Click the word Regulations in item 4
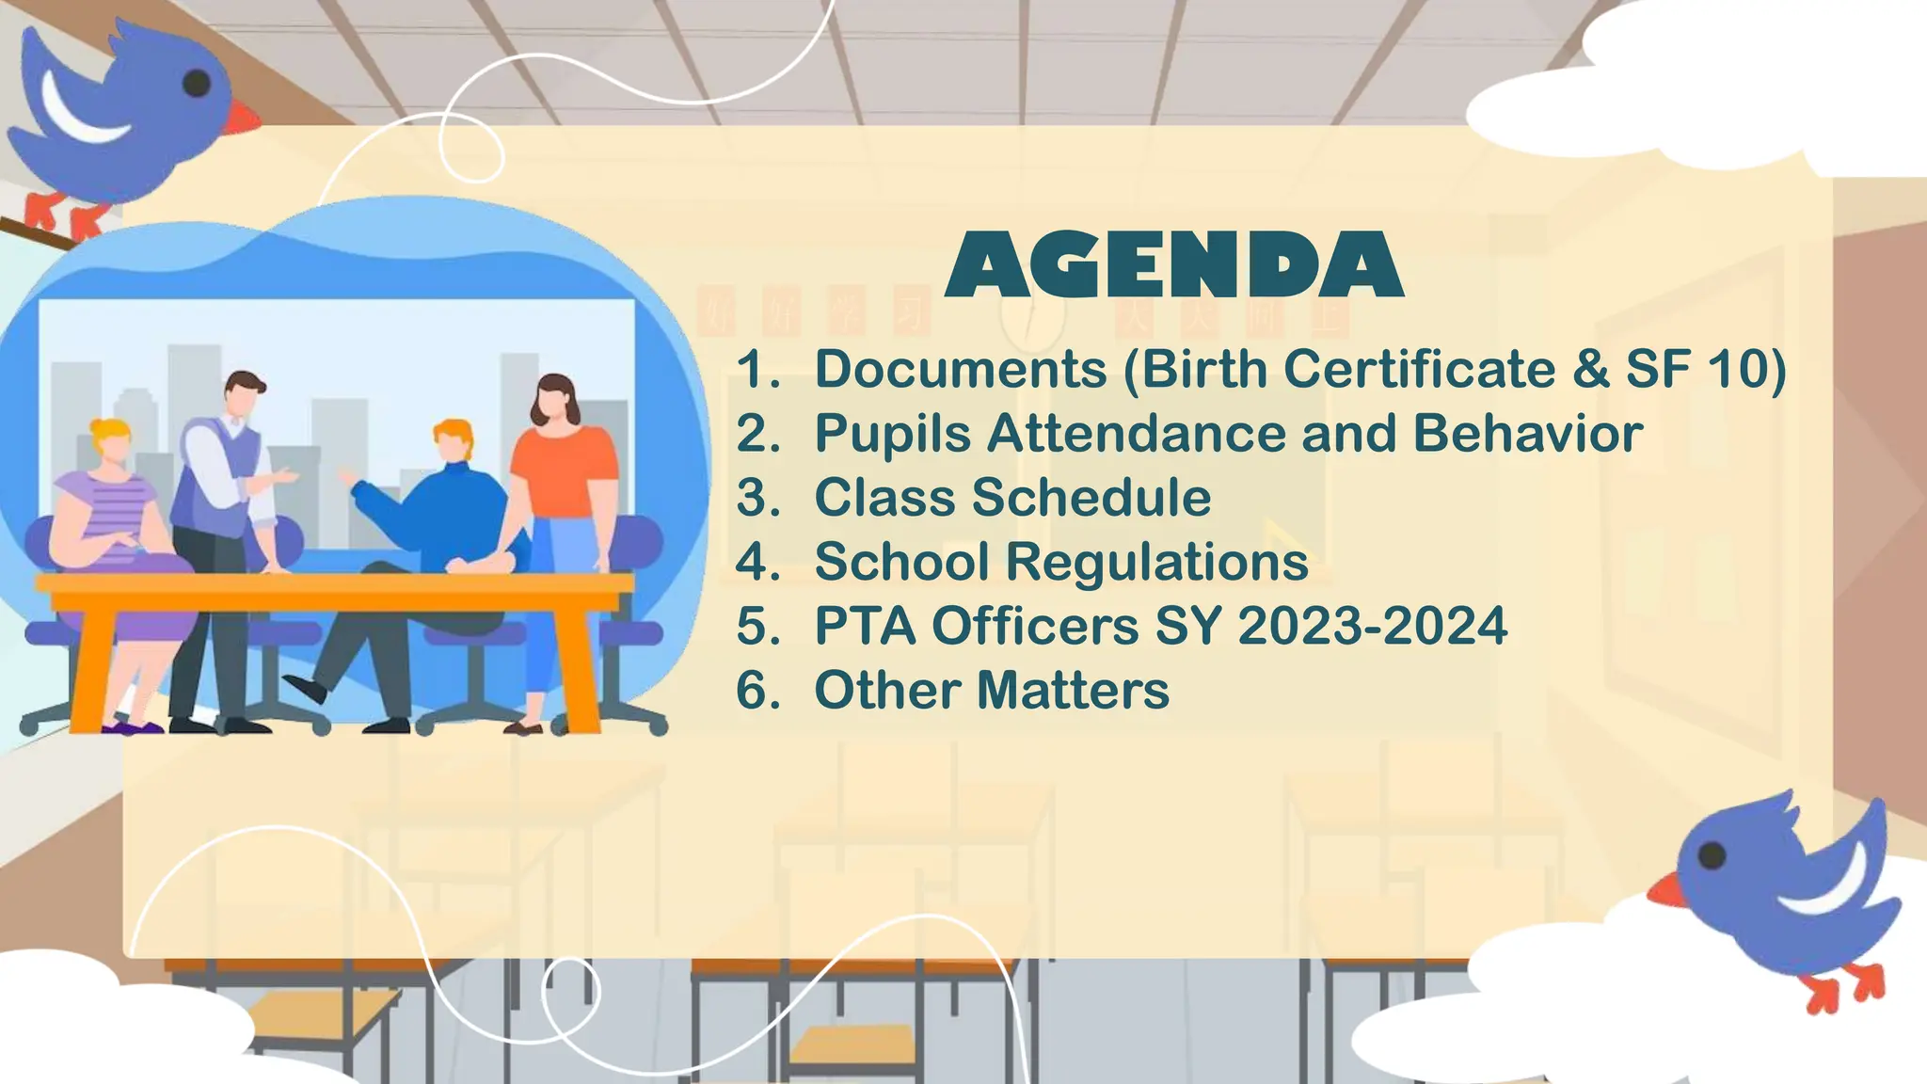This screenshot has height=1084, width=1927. pyautogui.click(x=1156, y=562)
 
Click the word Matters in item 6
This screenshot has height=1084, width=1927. pyautogui.click(x=1073, y=690)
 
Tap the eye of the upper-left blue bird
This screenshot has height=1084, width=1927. pyautogui.click(x=196, y=83)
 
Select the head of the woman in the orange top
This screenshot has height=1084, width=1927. pyautogui.click(x=555, y=400)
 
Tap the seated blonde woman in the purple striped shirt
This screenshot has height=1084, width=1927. pyautogui.click(x=108, y=508)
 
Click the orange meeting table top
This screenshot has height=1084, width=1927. pyautogui.click(x=334, y=583)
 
